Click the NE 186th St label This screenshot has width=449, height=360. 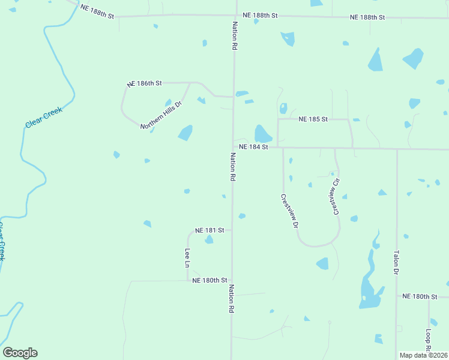[x=145, y=84]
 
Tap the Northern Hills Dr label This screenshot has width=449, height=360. [x=161, y=115]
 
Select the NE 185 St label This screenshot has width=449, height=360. [x=313, y=119]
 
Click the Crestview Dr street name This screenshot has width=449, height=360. [x=289, y=211]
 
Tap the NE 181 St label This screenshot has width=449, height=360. [x=209, y=230]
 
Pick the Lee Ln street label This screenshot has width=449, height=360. [x=187, y=257]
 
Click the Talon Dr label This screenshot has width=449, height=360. [x=396, y=263]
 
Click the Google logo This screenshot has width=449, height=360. [x=20, y=353]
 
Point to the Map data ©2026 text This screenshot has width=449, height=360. [x=423, y=355]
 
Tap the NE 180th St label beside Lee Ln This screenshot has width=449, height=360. [x=209, y=280]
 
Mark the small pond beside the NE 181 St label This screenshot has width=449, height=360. [x=209, y=240]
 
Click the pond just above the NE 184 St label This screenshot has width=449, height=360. [x=262, y=134]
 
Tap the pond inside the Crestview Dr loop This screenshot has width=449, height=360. [x=323, y=263]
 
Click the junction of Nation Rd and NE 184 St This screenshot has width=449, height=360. [x=233, y=146]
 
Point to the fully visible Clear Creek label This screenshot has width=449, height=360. [x=44, y=116]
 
